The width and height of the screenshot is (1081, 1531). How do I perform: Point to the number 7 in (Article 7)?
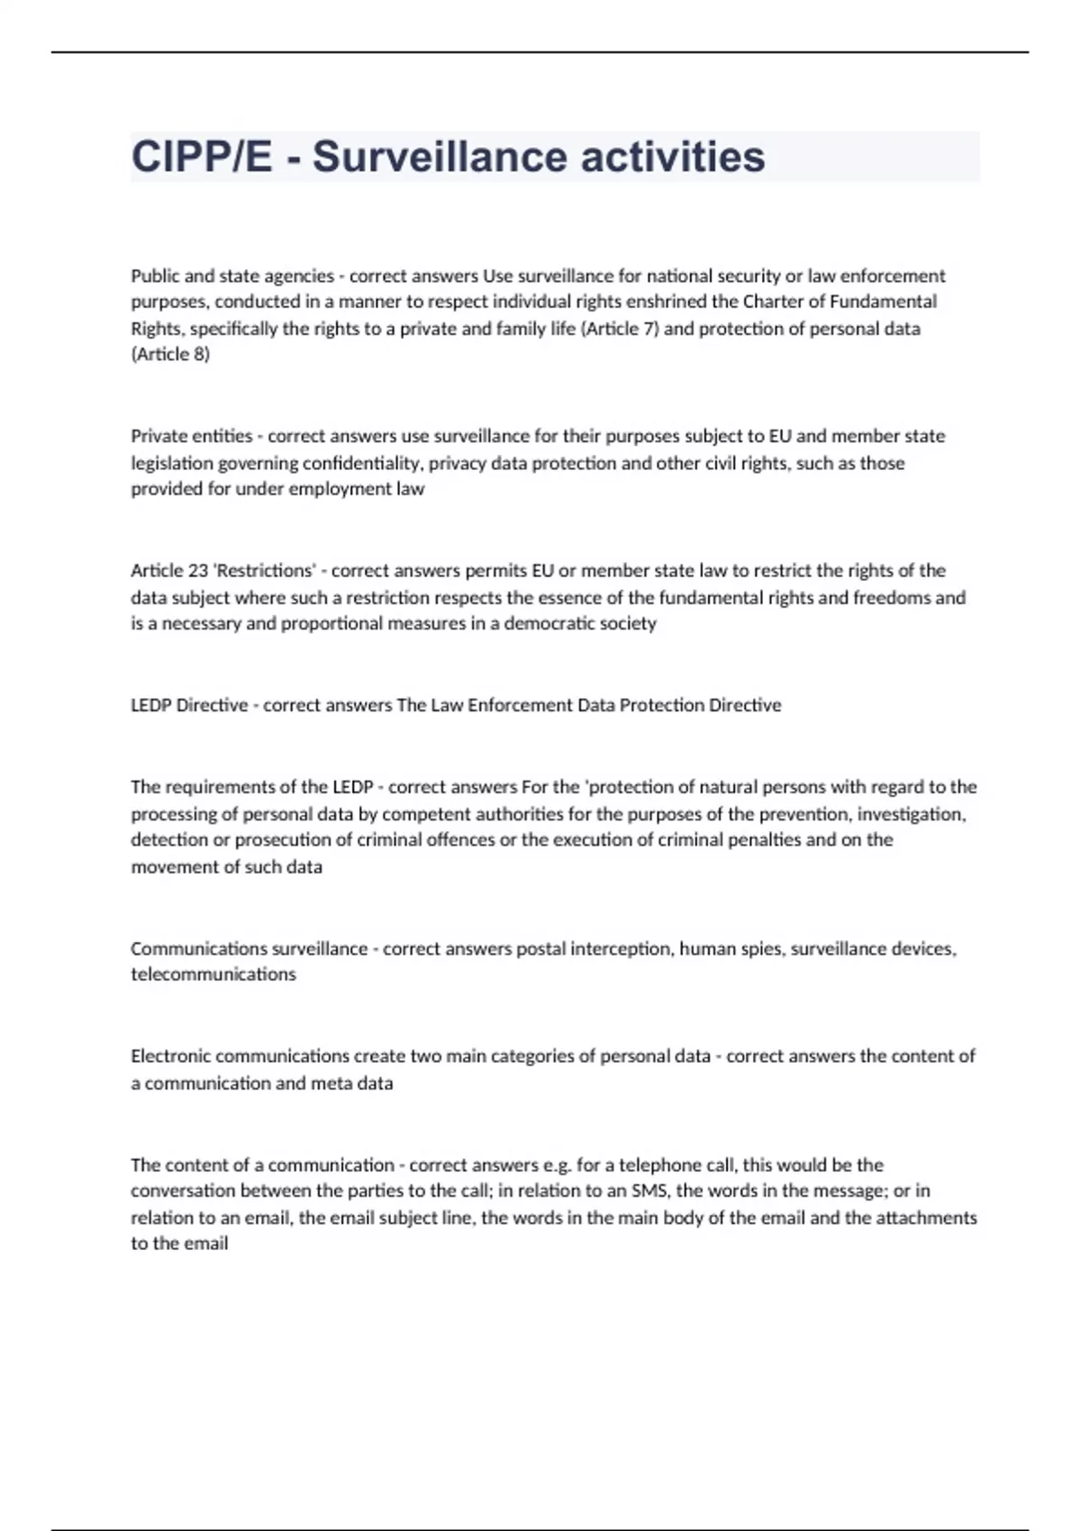click(x=650, y=329)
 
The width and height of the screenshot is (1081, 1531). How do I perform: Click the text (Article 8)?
click(x=170, y=355)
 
